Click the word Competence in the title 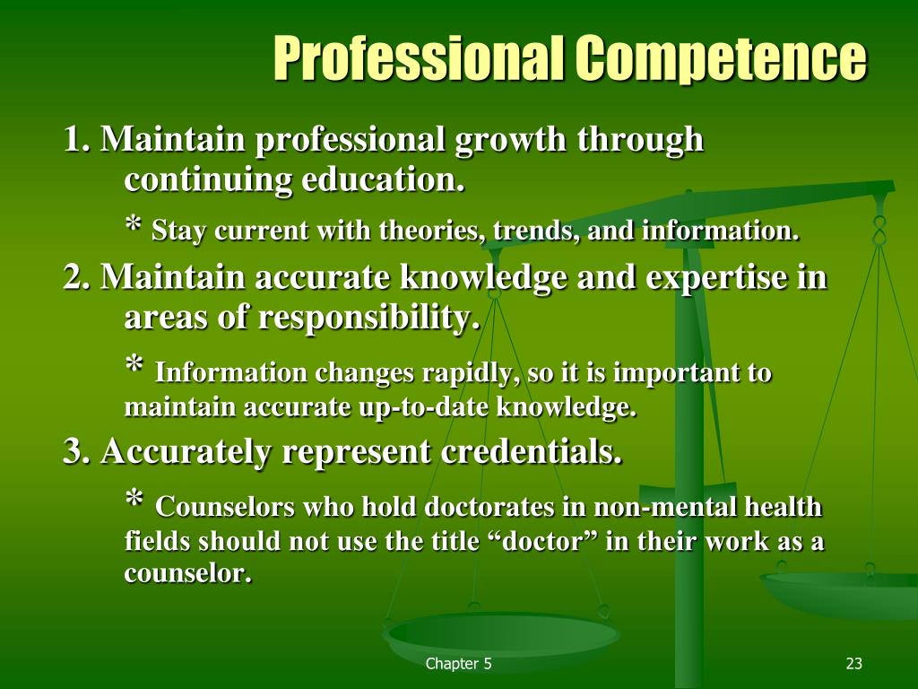pyautogui.click(x=721, y=59)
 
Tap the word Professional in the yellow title pyautogui.click(x=419, y=59)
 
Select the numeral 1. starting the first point pyautogui.click(x=77, y=140)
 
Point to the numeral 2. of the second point pyautogui.click(x=77, y=278)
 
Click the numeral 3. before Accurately pyautogui.click(x=77, y=452)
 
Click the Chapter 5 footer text pyautogui.click(x=458, y=664)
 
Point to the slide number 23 pyautogui.click(x=853, y=664)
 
